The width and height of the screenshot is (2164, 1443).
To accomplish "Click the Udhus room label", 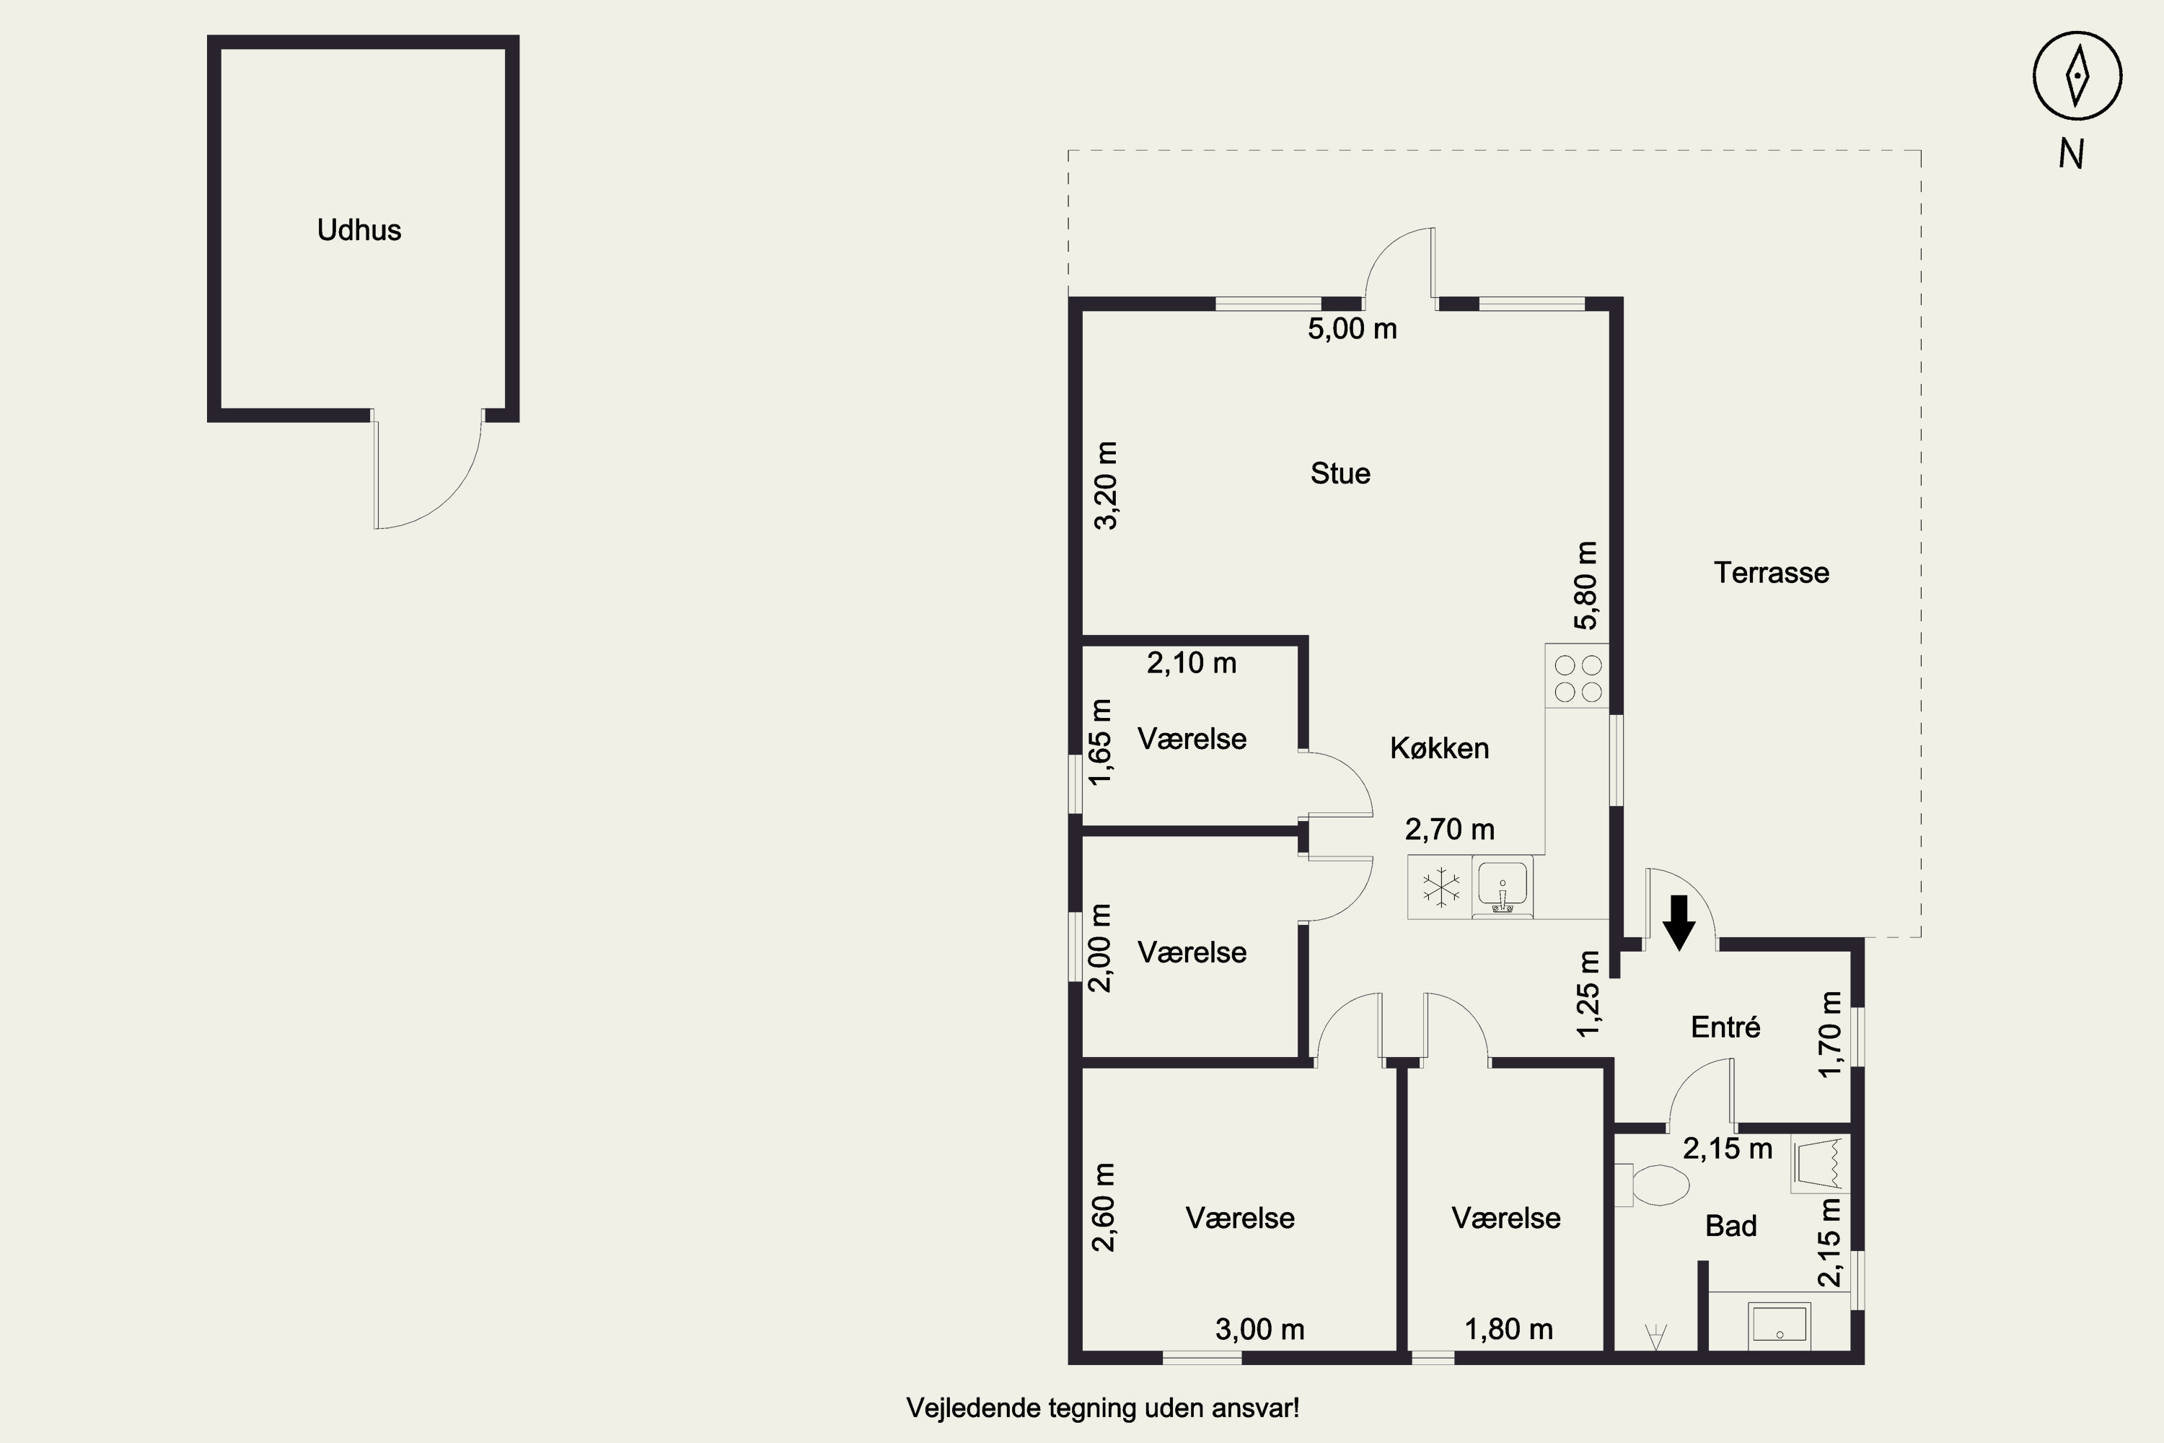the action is tap(359, 230).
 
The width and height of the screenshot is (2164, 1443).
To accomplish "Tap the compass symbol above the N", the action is tap(2077, 76).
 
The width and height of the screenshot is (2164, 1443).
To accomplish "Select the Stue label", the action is tap(1340, 473).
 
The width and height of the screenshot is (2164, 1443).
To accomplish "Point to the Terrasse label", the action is tap(1771, 572).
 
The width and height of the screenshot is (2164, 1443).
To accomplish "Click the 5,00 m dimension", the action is tap(1352, 328).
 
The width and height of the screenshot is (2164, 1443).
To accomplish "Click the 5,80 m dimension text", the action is tap(1586, 585).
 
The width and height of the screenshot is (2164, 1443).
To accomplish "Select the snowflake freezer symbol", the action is tap(1440, 888).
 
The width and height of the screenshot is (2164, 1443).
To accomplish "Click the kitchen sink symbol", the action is tap(1503, 887).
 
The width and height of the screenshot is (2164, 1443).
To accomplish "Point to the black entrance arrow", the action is tap(1679, 922).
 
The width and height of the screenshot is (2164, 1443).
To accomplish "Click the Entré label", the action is tap(1725, 1027).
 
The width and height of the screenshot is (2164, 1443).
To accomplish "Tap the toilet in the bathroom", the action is tap(1653, 1185).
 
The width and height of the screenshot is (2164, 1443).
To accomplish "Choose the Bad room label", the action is tap(1730, 1226).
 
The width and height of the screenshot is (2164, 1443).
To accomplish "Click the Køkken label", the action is tap(1439, 748).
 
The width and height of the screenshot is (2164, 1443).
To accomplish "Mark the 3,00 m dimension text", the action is tap(1259, 1329).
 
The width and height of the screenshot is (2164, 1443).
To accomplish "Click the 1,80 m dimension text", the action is tap(1509, 1329).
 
